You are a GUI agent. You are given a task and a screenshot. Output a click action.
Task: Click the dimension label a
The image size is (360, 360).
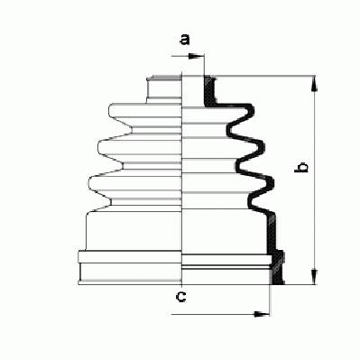coord(185,40)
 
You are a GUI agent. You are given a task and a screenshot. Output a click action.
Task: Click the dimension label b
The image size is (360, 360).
coord(301,168)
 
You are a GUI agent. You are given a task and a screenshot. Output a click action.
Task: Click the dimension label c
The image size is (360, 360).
coord(180,297)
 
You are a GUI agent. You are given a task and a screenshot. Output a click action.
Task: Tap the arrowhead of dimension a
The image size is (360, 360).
coord(197,56)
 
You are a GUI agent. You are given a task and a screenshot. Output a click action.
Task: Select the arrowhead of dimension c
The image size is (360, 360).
coord(262,314)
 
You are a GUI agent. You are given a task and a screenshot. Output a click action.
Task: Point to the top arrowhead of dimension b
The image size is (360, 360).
coord(314,84)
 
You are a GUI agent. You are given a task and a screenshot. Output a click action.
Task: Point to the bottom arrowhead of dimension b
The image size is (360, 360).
coord(314,276)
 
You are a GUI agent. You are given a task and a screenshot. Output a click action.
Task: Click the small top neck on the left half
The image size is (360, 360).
coord(164,89)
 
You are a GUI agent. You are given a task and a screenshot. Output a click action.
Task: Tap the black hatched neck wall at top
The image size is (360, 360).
coord(210,91)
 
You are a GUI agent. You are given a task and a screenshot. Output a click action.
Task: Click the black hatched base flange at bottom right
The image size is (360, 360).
coord(278,267)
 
